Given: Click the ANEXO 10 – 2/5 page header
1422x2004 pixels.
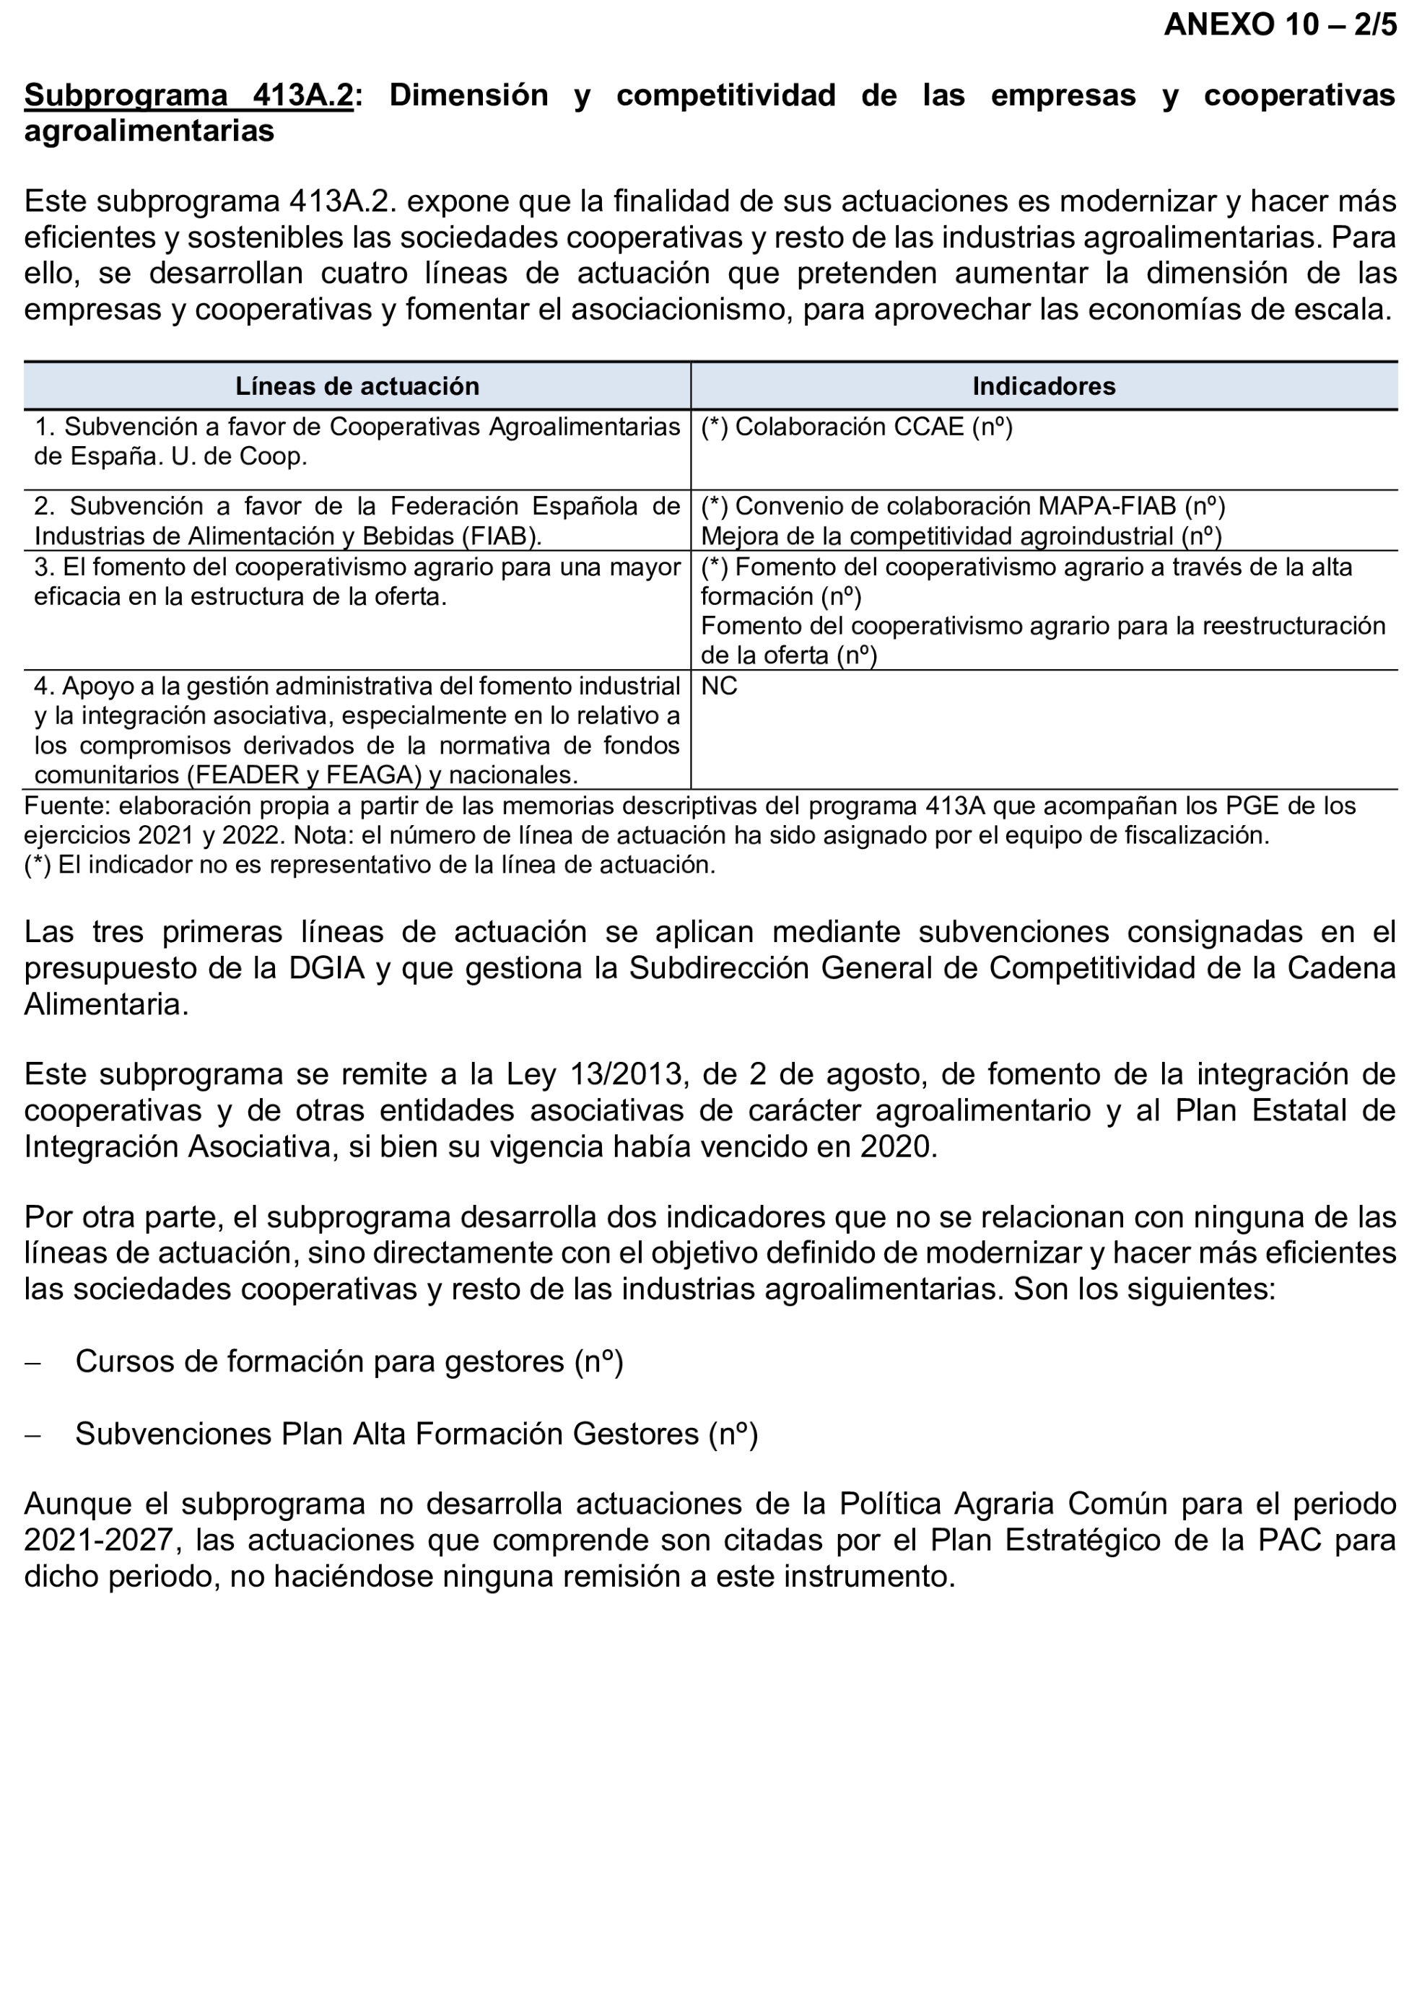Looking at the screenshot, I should (1279, 25).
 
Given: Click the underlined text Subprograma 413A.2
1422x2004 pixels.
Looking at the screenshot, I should (188, 95).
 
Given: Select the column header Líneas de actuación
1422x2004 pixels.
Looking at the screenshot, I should (357, 386).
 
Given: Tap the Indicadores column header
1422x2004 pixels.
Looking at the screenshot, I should (1043, 386).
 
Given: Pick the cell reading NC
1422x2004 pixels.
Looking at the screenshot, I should (719, 687).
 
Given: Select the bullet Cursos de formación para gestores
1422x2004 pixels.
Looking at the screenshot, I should (349, 1362).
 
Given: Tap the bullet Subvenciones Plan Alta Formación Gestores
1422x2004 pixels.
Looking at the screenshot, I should (416, 1434).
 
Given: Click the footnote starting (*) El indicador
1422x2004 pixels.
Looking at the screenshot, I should (370, 865).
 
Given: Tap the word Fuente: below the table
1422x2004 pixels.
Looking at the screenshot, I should (67, 806).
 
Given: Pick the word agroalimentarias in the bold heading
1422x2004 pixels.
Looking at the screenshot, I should (149, 131).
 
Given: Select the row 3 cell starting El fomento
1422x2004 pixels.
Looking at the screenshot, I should (357, 582).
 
